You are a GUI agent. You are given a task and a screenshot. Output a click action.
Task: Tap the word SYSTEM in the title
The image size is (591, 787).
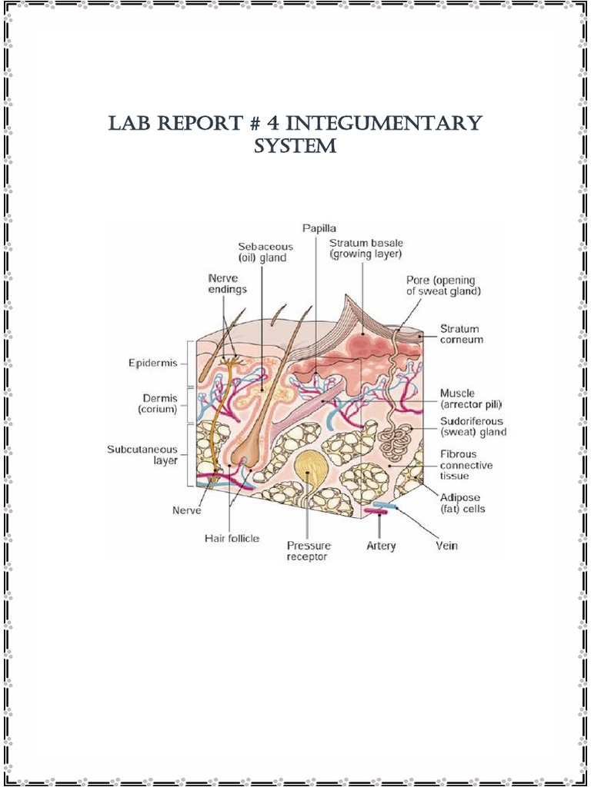tap(295, 146)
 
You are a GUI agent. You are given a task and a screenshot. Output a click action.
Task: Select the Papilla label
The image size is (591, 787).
tap(316, 227)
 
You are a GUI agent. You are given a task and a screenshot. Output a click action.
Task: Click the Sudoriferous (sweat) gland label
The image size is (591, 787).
tap(472, 427)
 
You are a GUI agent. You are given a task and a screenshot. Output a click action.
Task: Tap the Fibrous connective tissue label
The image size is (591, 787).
tap(466, 465)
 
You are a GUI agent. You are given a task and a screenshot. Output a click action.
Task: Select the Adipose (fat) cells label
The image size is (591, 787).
tap(462, 503)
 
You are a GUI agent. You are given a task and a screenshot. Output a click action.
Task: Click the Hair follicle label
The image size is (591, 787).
tap(232, 539)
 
